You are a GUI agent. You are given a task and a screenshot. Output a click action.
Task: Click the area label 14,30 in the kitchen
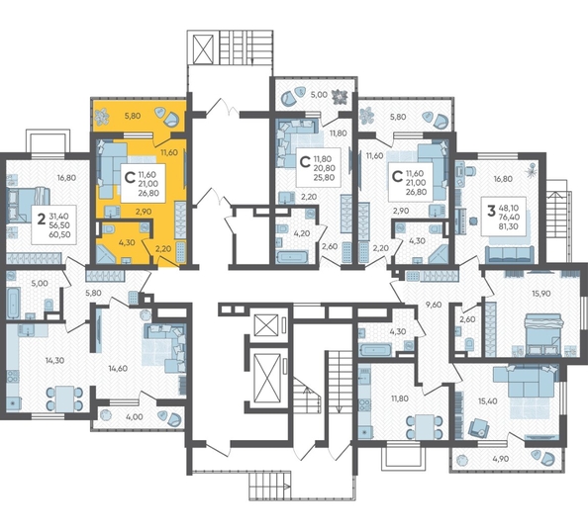point(54,361)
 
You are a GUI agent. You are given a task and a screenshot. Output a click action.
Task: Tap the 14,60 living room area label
point(118,368)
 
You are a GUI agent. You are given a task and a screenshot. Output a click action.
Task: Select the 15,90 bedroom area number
point(540,294)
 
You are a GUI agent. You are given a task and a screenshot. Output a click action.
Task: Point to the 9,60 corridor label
point(435,305)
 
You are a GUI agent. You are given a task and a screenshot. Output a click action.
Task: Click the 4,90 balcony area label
point(501,459)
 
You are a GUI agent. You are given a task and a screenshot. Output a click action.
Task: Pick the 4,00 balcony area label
point(135,416)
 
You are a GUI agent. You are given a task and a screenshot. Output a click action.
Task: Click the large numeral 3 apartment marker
point(491,211)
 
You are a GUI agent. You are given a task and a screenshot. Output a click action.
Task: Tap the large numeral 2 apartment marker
point(42,219)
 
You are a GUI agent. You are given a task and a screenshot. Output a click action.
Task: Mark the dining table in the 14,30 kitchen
point(64,398)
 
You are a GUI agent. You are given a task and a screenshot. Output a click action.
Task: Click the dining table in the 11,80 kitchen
point(425,426)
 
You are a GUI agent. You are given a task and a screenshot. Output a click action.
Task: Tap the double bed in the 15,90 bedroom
point(543,334)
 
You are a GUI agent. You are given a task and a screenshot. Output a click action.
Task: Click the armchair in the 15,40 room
point(478,426)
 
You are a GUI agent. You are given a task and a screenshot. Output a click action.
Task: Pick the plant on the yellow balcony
point(101,117)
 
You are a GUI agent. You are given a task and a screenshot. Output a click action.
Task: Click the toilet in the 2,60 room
point(469,343)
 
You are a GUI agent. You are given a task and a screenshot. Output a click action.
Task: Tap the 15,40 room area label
point(487,401)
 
